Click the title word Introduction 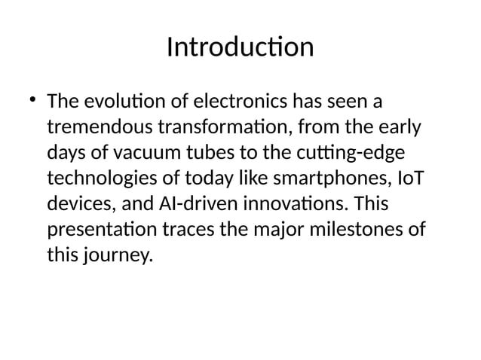(x=240, y=47)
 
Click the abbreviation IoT (x=407, y=178)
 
